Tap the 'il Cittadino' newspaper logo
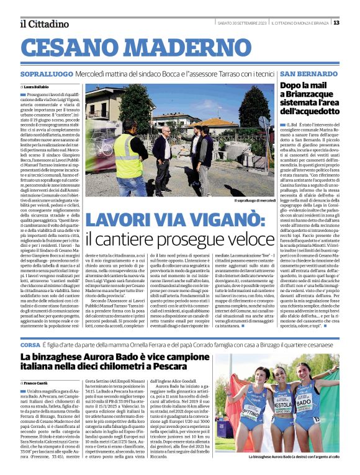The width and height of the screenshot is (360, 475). coord(44,24)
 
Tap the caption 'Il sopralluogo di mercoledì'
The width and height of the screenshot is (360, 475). coord(254,201)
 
